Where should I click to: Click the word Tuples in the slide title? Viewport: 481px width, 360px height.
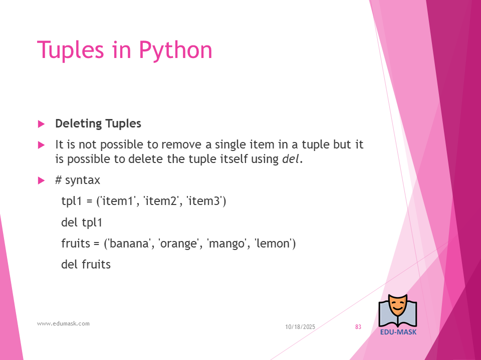(70, 49)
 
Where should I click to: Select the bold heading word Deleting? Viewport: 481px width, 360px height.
(79, 124)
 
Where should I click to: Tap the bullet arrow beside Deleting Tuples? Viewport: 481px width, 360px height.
(42, 124)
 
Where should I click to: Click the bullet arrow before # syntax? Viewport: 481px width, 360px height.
(42, 180)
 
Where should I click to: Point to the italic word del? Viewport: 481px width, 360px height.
(290, 159)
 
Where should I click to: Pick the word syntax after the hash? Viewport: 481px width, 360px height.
(83, 180)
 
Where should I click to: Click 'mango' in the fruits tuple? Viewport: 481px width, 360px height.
(226, 244)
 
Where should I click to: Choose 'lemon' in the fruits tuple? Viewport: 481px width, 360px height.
(273, 243)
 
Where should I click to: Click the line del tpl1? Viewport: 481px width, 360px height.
(82, 222)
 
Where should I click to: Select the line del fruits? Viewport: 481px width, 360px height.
(86, 264)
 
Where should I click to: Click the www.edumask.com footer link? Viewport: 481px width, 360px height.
(64, 323)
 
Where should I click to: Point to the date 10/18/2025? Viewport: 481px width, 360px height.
(300, 327)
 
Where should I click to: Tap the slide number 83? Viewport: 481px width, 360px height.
(358, 327)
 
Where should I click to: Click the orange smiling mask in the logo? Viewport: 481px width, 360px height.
(397, 306)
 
